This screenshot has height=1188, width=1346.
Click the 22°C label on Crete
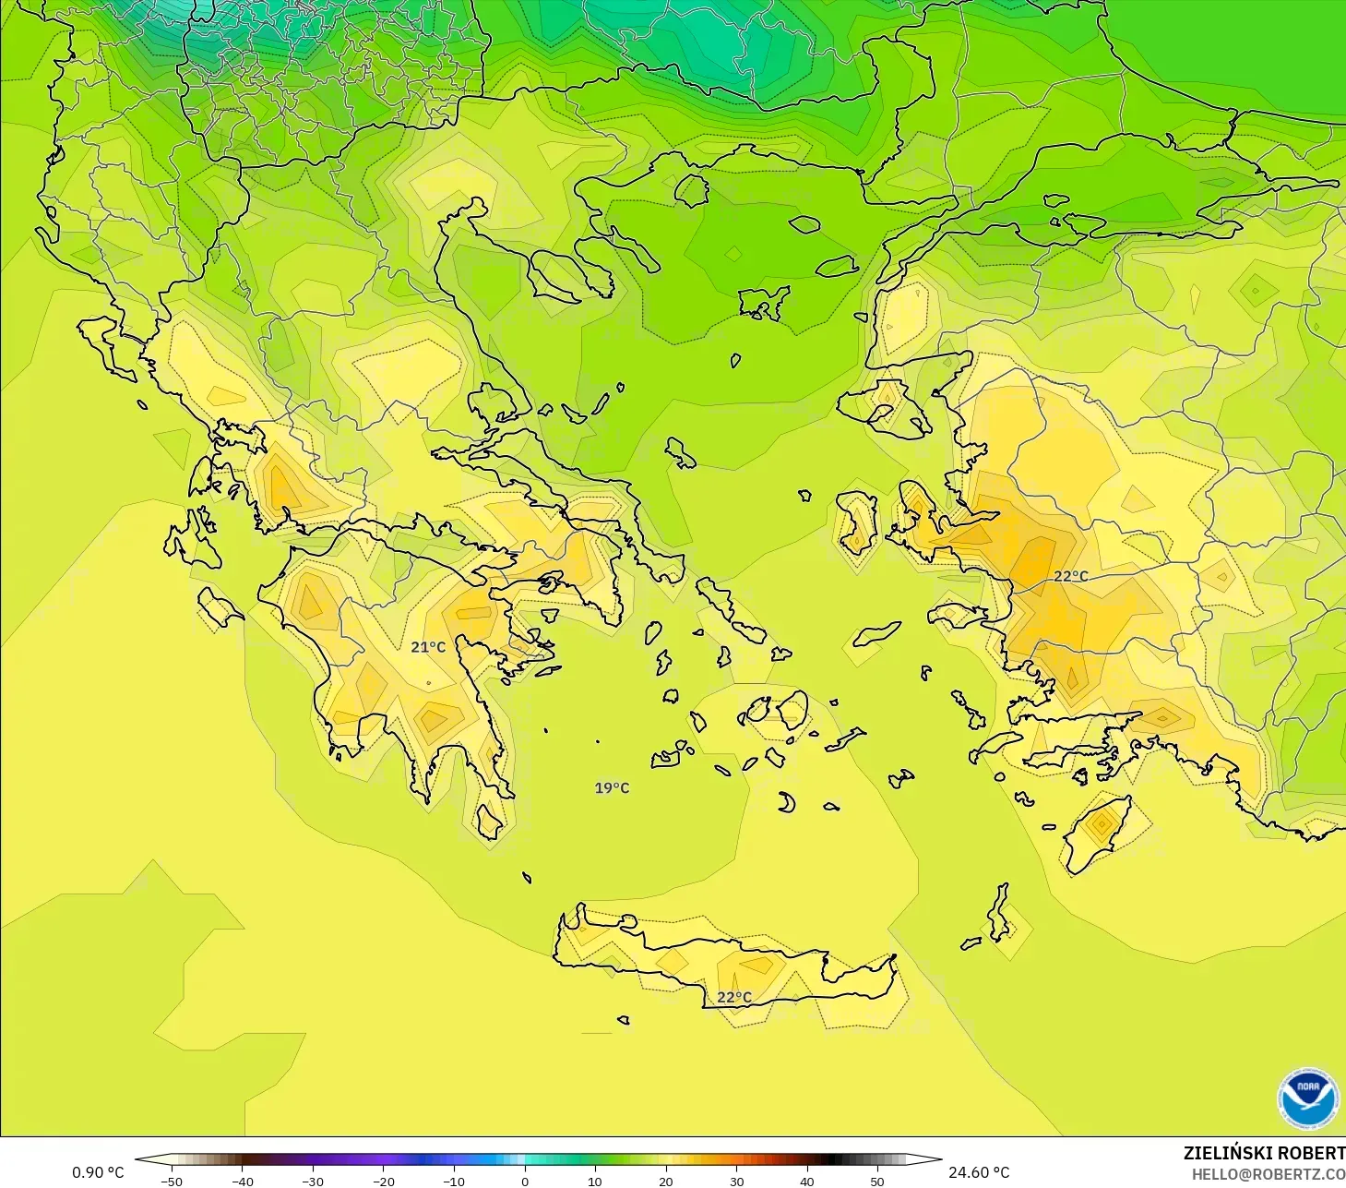(734, 997)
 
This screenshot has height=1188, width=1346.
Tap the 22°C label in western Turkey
(1071, 576)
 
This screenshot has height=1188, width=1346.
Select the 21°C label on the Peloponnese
(428, 647)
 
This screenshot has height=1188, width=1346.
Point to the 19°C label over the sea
(612, 787)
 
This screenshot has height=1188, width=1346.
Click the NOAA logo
(1307, 1098)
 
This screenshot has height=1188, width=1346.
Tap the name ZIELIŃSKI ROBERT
(1264, 1153)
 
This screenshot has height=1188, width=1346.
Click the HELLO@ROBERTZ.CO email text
(1268, 1174)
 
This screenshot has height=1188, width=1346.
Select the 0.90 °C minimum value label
(98, 1172)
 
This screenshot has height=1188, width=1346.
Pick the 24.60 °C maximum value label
(979, 1172)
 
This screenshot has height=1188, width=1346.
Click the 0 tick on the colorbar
(524, 1181)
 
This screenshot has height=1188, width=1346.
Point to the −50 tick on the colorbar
(172, 1181)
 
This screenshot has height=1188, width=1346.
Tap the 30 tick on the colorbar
(736, 1181)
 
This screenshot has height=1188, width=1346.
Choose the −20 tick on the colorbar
(383, 1181)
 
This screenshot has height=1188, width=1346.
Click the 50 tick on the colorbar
(877, 1181)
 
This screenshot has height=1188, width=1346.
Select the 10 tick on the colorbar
(595, 1181)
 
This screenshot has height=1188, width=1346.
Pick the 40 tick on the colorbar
(807, 1181)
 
